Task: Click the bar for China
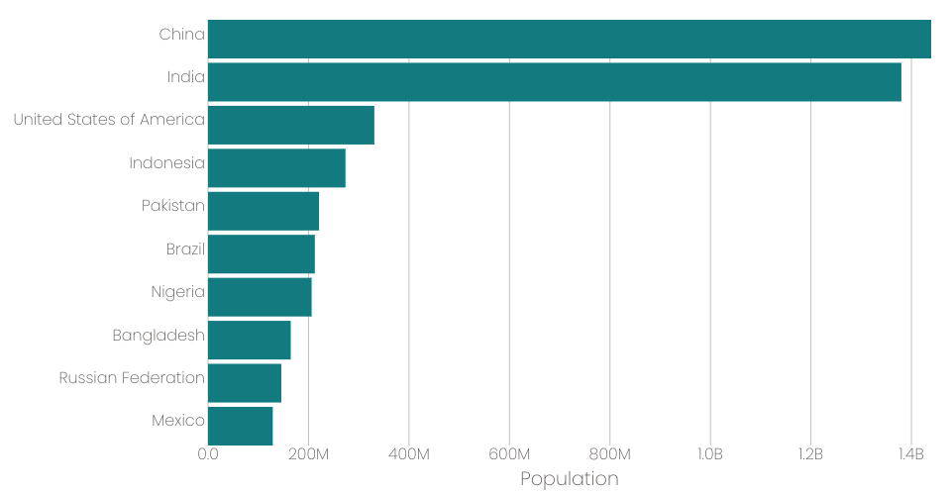pos(569,40)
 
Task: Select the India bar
pos(555,82)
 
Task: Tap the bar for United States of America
pos(291,125)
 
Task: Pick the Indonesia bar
pos(276,168)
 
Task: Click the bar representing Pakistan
pos(264,211)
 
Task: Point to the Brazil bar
pos(262,253)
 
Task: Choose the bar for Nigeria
pos(260,297)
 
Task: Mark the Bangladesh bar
pos(250,340)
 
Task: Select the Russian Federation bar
pos(245,383)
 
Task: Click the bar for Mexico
pos(241,426)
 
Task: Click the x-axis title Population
pos(569,479)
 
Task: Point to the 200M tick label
pos(308,454)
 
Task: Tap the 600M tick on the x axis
pos(509,454)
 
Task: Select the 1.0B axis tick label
pos(710,454)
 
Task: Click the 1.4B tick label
pos(910,454)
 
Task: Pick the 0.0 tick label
pos(208,454)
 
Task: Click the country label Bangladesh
pos(158,336)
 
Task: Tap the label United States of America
pos(109,120)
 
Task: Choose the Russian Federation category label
pos(132,378)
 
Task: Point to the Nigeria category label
pos(178,292)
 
